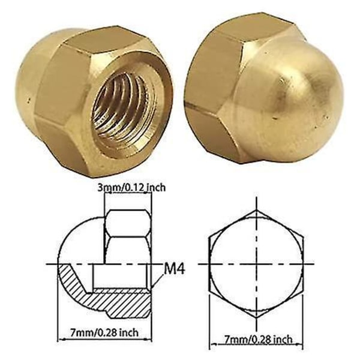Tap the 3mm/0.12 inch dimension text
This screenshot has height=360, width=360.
[131, 187]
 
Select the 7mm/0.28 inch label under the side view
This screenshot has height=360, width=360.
[104, 332]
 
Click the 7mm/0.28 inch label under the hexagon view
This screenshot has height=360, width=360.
[258, 339]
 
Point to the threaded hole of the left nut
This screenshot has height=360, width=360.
[125, 108]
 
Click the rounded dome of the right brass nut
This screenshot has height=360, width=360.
[296, 99]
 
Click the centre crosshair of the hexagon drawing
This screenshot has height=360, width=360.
[256, 264]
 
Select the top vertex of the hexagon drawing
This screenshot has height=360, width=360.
[256, 210]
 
